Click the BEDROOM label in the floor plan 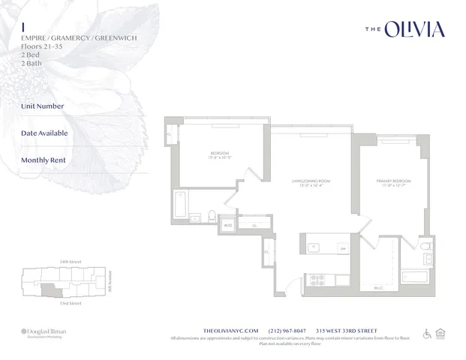pyautogui.click(x=220, y=153)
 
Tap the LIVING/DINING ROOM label pyautogui.click(x=310, y=181)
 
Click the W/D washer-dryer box pyautogui.click(x=227, y=224)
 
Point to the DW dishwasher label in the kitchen pyautogui.click(x=343, y=249)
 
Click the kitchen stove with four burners pyautogui.click(x=317, y=280)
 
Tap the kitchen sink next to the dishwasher pyautogui.click(x=314, y=247)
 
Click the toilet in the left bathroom pyautogui.click(x=212, y=217)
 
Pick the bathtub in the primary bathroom pyautogui.click(x=413, y=276)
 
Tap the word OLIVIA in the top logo pyautogui.click(x=414, y=29)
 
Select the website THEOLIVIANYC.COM pyautogui.click(x=231, y=330)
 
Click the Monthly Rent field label pyautogui.click(x=44, y=160)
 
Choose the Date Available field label pyautogui.click(x=44, y=133)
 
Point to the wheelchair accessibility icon pyautogui.click(x=428, y=333)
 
